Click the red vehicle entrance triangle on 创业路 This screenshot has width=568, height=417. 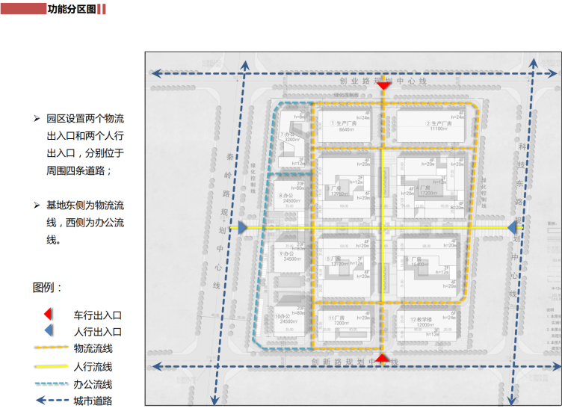click(383, 86)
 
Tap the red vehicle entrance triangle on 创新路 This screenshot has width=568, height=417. click(381, 359)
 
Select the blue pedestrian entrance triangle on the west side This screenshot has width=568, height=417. click(242, 227)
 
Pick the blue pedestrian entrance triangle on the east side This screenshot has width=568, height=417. click(512, 227)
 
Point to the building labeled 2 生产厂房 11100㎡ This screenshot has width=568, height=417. click(436, 126)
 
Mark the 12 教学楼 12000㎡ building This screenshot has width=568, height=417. click(425, 323)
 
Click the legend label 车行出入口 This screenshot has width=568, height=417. click(97, 315)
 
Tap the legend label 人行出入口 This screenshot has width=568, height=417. click(97, 332)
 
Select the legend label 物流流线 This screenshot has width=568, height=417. click(93, 348)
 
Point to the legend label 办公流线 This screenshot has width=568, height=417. click(93, 384)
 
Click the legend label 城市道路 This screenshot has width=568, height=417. click(93, 401)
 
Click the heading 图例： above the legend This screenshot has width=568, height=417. click(48, 288)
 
